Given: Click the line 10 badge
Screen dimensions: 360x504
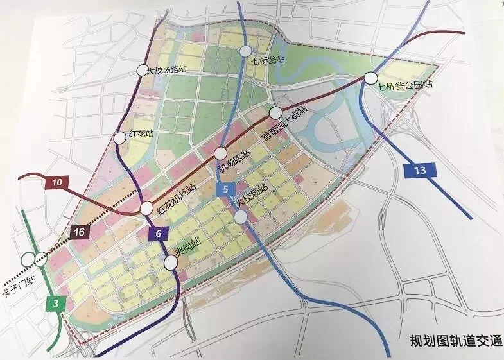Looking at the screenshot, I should (57, 184).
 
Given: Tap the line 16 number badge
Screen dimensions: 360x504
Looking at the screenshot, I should (78, 231).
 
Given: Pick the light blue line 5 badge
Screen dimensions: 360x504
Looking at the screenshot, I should (226, 189).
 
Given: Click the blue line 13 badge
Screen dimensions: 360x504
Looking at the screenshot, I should (421, 170).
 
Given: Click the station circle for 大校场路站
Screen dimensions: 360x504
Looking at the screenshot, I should (143, 71).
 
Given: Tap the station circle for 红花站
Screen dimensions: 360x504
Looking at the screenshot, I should (119, 137).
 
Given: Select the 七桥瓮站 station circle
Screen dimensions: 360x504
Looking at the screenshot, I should (245, 52).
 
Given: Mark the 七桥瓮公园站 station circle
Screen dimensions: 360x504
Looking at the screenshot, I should (370, 78).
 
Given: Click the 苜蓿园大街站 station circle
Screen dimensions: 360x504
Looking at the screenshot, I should (275, 113).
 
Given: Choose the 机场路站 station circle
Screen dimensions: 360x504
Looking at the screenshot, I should (220, 153).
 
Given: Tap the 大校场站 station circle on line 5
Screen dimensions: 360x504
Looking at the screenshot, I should (241, 218).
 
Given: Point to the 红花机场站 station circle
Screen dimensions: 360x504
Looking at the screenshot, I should (147, 209).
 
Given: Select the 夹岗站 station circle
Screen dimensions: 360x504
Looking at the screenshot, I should (170, 262).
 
